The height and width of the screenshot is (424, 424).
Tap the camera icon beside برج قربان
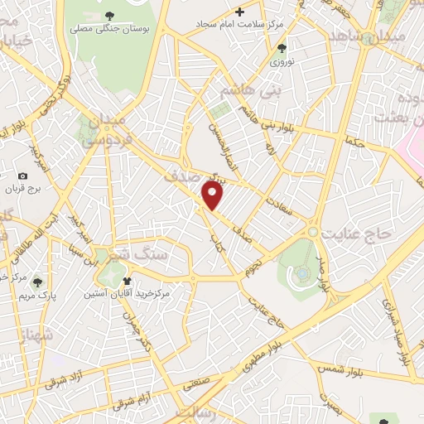(x=22, y=176)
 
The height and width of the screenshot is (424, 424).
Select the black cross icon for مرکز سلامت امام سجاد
(x=240, y=12)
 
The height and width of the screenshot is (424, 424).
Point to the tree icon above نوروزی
(x=282, y=48)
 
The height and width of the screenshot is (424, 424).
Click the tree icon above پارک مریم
(x=36, y=282)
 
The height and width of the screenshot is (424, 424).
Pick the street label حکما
(x=354, y=142)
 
